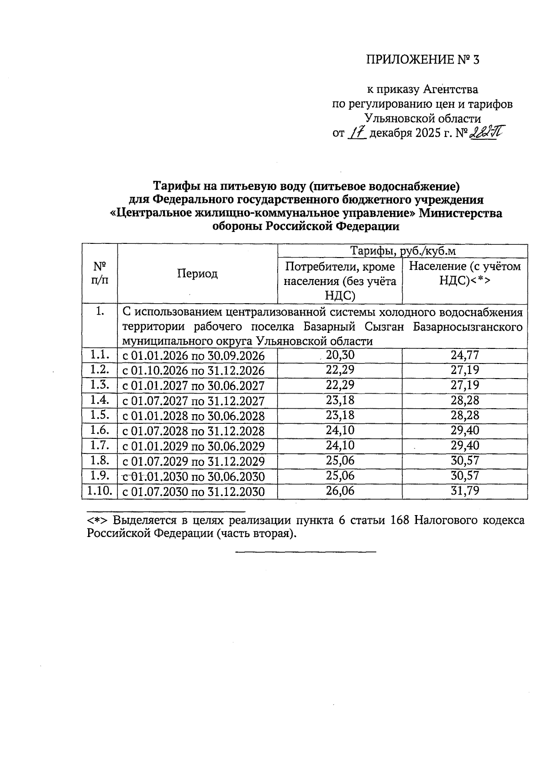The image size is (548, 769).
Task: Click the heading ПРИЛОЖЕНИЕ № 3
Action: (423, 60)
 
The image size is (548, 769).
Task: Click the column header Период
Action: (197, 274)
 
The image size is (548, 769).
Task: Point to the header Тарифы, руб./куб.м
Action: (403, 251)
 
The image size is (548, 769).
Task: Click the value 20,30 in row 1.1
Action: (340, 355)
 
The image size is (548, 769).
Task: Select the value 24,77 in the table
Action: (465, 355)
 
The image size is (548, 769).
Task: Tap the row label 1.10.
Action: (100, 491)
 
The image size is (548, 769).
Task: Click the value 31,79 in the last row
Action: (465, 491)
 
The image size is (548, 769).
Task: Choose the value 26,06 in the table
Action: (340, 491)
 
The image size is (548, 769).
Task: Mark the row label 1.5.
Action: (100, 415)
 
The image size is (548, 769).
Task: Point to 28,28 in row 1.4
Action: (465, 400)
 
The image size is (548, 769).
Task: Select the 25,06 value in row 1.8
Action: (340, 461)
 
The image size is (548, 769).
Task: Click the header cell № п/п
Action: (100, 273)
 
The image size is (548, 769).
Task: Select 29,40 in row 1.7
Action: (465, 446)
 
